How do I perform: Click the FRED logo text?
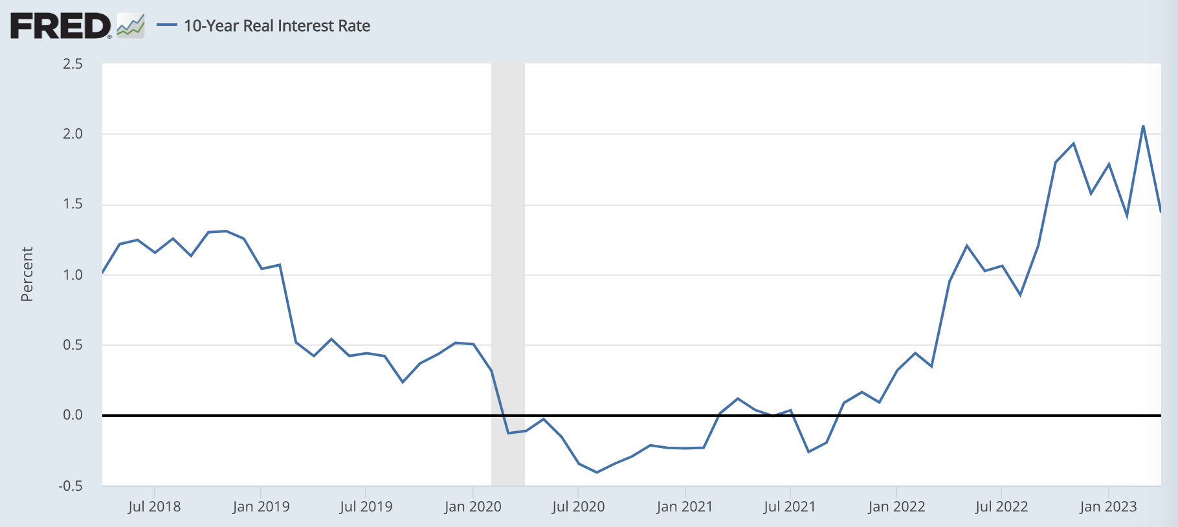coord(61,26)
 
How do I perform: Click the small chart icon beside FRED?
coord(131,26)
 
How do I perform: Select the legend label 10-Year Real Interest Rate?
coord(277,26)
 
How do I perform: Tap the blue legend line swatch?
coord(167,26)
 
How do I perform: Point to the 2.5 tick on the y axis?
coord(72,63)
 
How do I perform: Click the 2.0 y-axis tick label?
coord(72,134)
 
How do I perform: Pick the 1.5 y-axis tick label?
coord(72,205)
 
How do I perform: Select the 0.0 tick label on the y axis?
coord(72,415)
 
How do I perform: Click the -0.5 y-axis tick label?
coord(71,486)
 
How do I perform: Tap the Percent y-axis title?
coord(27,275)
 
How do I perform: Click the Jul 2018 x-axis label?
coord(154,506)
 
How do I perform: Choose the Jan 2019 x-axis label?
coord(261,506)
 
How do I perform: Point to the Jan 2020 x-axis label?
coord(472,506)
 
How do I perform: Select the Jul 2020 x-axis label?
coord(578,506)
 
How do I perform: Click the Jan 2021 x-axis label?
coord(684,506)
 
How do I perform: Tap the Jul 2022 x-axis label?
coord(1001,506)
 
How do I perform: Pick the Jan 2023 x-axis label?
coord(1108,506)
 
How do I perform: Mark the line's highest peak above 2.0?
coord(1143,126)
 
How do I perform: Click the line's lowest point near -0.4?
coord(597,472)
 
